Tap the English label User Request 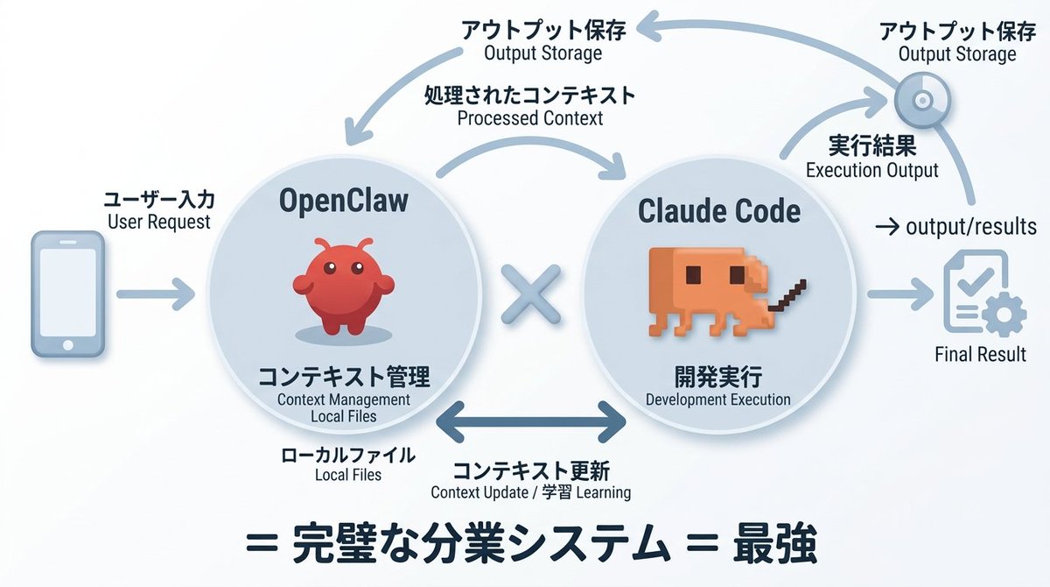(159, 222)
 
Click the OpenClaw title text (344, 201)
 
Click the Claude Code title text (719, 211)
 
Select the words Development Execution (717, 400)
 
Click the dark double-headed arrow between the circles (531, 422)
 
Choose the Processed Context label (530, 118)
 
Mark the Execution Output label (871, 171)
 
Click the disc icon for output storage (921, 100)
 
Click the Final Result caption (980, 355)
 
